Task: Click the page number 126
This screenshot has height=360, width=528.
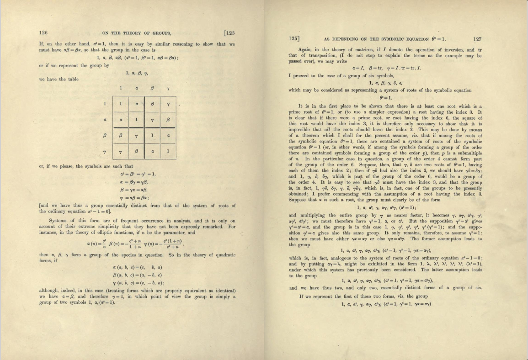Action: (43, 32)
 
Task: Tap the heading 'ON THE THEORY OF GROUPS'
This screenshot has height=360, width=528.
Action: (133, 32)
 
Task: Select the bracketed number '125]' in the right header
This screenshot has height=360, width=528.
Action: (294, 39)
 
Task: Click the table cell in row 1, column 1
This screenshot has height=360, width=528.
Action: (120, 104)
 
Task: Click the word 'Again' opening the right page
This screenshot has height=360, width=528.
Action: (305, 50)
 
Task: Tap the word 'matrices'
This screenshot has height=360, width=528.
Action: (364, 50)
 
